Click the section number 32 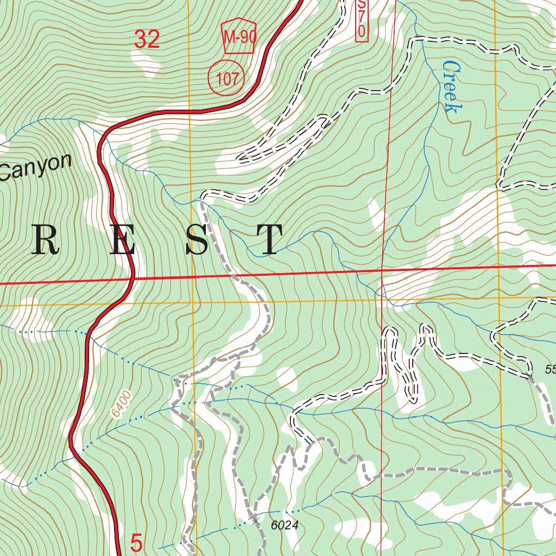pos(147,39)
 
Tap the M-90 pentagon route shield pos(239,37)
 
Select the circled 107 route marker pos(226,79)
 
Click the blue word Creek pos(451,87)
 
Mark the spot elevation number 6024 pos(286,525)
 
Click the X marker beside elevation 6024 pos(256,520)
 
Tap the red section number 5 pos(137,542)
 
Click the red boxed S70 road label pos(362,19)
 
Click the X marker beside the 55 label pos(529,376)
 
